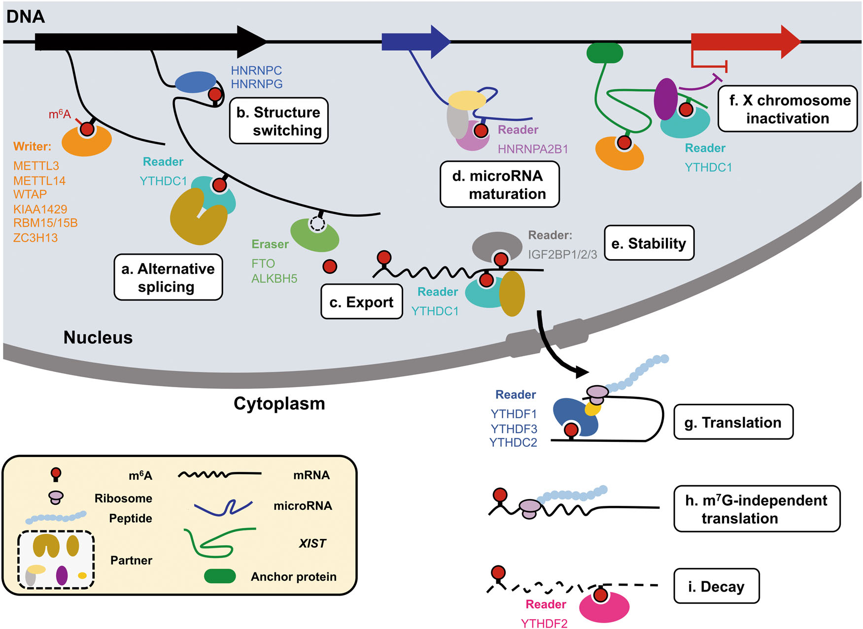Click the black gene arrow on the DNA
[x=148, y=42]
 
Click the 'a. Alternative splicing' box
[x=168, y=277]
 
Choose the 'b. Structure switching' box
[x=279, y=121]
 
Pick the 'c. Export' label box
[x=362, y=302]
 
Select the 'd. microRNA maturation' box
[x=499, y=185]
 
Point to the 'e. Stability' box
[x=649, y=243]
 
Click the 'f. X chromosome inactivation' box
[x=788, y=109]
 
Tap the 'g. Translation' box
[x=733, y=422]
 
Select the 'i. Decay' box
[x=716, y=586]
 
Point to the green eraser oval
[x=314, y=235]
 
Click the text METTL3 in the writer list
[x=36, y=166]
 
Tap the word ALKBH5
[x=274, y=279]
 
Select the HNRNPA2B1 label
[x=533, y=149]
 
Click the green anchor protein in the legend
[x=220, y=576]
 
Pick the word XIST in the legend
[x=312, y=543]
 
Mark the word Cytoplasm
[x=279, y=403]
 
